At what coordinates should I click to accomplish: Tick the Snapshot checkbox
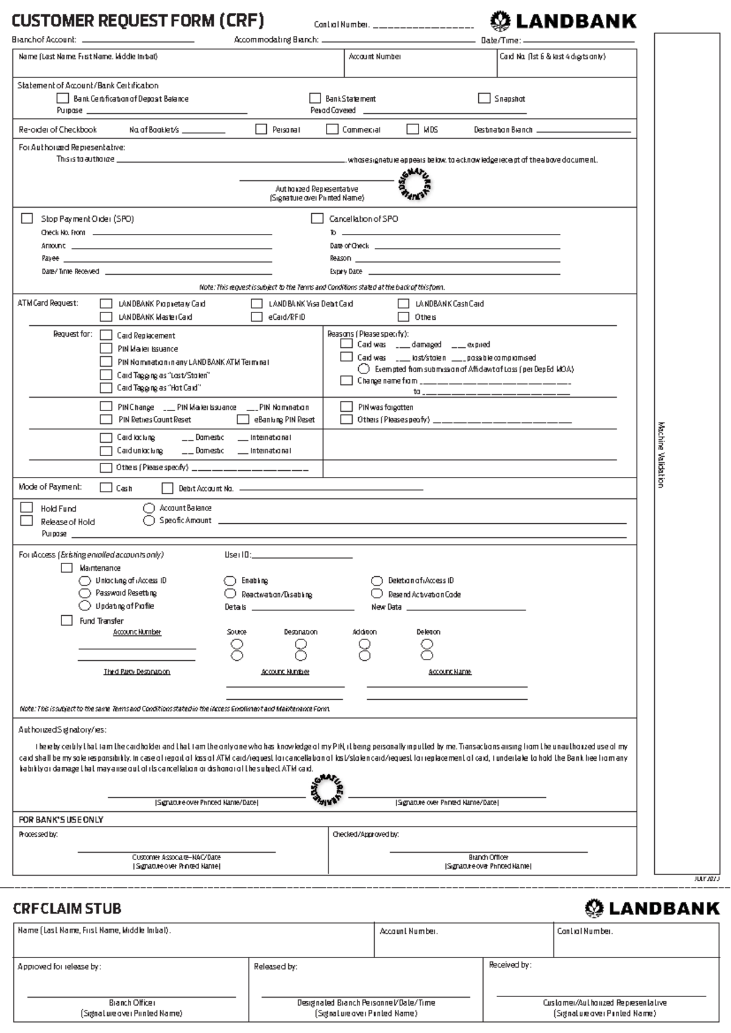[x=484, y=98]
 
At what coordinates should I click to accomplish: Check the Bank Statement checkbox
[x=315, y=98]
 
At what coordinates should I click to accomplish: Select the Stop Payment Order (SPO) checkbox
[x=27, y=218]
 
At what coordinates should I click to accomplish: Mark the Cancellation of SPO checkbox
[x=317, y=218]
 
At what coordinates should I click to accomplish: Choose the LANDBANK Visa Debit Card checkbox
[x=256, y=303]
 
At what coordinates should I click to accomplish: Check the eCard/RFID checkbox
[x=256, y=317]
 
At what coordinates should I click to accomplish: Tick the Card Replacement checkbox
[x=106, y=335]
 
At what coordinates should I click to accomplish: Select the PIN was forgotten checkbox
[x=347, y=406]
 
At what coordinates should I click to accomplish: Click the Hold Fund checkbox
[x=27, y=507]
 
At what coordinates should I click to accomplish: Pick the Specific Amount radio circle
[x=149, y=521]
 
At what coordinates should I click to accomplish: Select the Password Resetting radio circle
[x=85, y=593]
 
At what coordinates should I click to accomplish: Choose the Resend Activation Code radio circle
[x=377, y=594]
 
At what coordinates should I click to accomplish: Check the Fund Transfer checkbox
[x=66, y=620]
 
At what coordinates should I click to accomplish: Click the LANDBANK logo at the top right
[x=563, y=22]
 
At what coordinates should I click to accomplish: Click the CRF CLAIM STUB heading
[x=67, y=909]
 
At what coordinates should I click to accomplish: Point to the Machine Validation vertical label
[x=661, y=454]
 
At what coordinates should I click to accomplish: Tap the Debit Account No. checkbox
[x=168, y=488]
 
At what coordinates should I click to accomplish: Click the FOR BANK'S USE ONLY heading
[x=61, y=820]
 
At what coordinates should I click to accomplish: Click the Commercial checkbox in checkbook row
[x=332, y=129]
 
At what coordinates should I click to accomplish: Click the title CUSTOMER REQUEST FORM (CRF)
[x=138, y=22]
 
